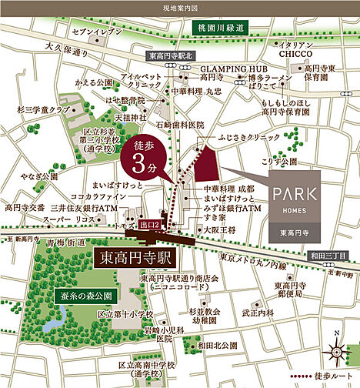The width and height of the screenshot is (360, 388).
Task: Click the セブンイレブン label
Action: (97, 32)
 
